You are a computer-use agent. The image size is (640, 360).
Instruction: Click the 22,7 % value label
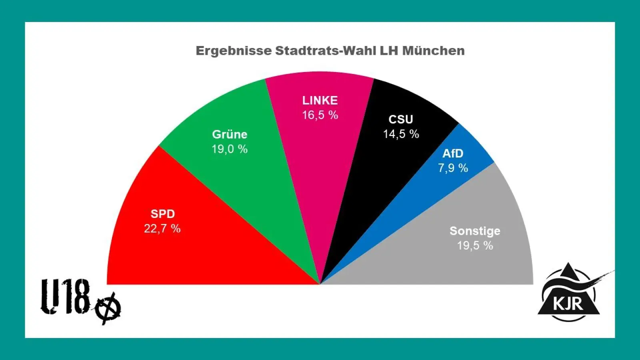pos(162,229)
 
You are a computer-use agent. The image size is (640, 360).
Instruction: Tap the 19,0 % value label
pos(229,149)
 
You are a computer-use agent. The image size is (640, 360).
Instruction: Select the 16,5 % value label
pos(320,115)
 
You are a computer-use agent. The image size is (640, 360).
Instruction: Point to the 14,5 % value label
pos(401,134)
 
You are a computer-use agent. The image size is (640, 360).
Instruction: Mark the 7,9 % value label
pos(453,168)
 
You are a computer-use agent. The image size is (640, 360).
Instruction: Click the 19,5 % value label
pos(475,246)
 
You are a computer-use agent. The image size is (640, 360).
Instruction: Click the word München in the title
pos(433,51)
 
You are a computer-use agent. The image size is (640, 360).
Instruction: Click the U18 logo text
pos(66,297)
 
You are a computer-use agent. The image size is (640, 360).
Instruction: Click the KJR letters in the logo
pos(568,304)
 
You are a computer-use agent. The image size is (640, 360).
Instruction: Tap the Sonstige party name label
pos(475,231)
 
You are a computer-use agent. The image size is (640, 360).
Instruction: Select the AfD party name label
pos(453,154)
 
